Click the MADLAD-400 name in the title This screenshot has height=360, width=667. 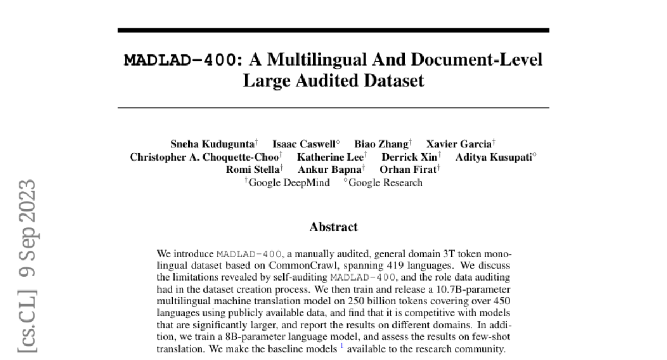[179, 60]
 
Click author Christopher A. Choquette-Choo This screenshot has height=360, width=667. [205, 157]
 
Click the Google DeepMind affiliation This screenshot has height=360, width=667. [288, 182]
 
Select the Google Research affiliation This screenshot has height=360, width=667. [385, 182]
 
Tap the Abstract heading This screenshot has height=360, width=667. [333, 226]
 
